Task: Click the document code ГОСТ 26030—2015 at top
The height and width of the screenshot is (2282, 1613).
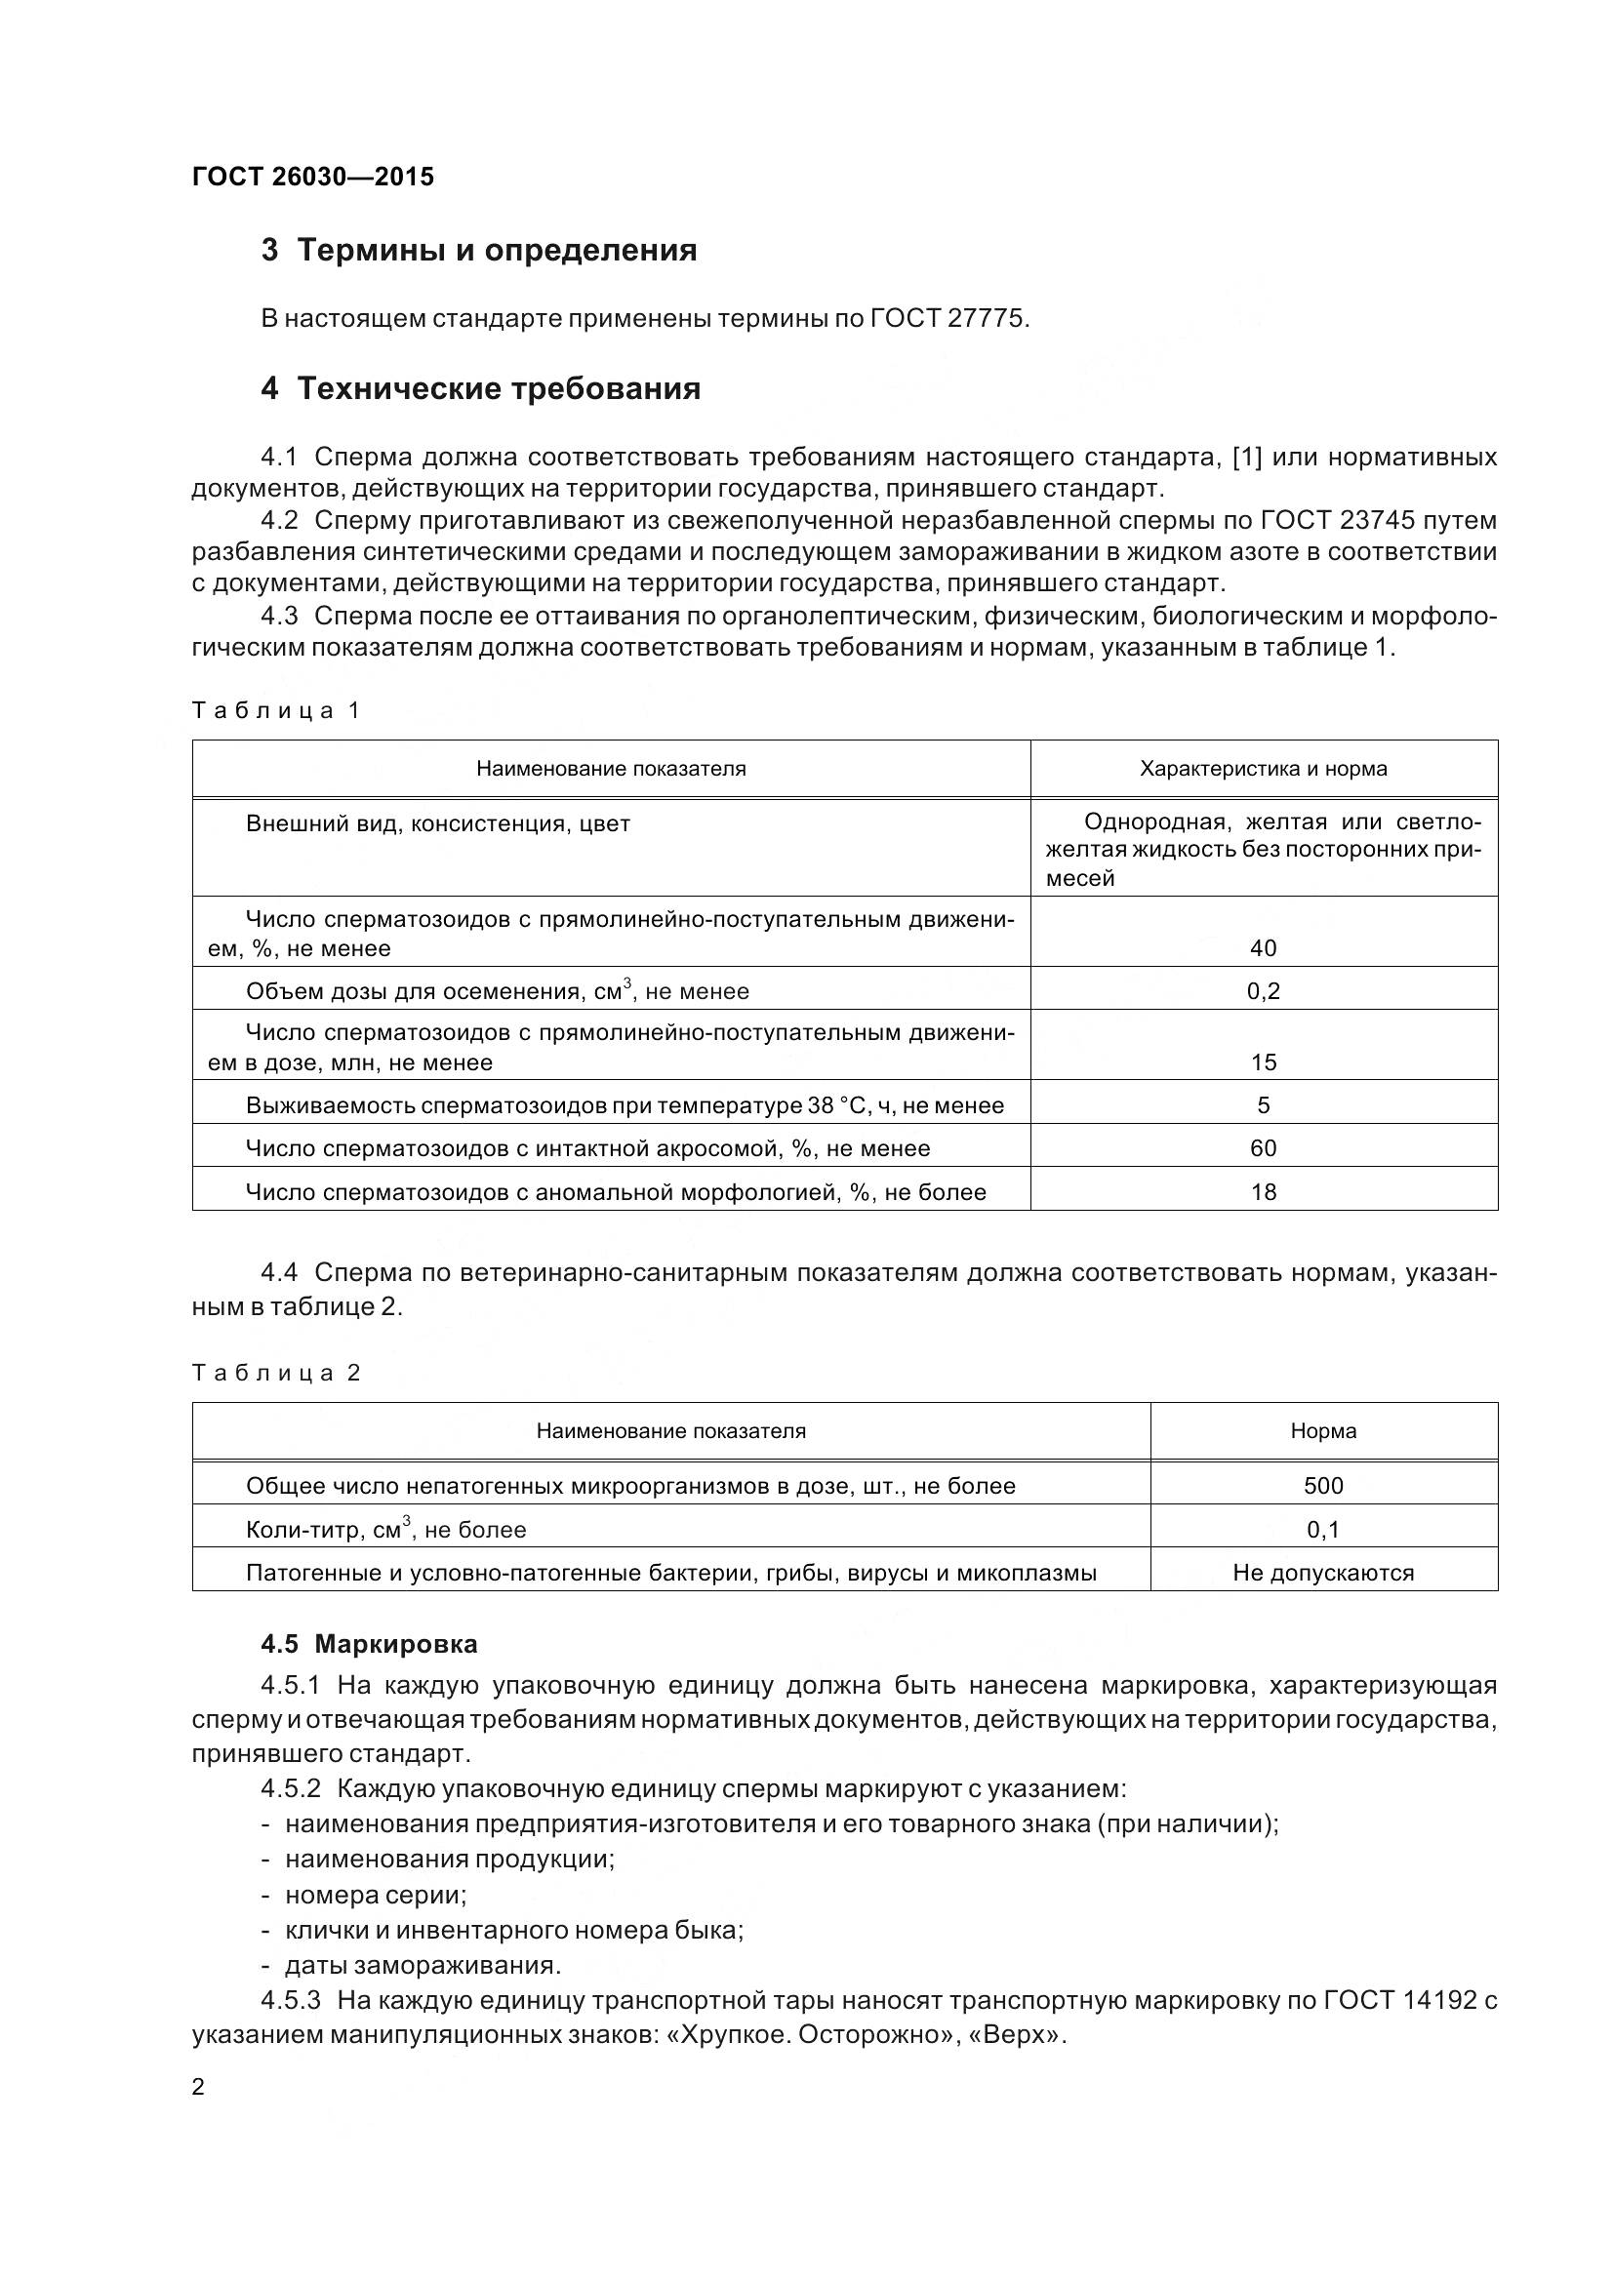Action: [313, 177]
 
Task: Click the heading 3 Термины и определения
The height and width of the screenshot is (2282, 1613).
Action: [478, 250]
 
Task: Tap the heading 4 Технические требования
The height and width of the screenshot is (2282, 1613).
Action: [480, 387]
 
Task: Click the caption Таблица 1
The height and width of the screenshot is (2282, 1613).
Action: [275, 710]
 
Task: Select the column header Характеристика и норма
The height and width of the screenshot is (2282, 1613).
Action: [1263, 768]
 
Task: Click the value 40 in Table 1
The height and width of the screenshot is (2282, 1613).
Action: [1263, 948]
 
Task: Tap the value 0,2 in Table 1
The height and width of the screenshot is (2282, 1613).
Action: [1263, 991]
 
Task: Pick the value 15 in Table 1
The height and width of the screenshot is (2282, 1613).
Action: [1263, 1062]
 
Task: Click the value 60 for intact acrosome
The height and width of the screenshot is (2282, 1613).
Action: [1263, 1148]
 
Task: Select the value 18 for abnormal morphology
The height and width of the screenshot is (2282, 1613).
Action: [1263, 1191]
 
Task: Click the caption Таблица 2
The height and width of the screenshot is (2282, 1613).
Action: [275, 1373]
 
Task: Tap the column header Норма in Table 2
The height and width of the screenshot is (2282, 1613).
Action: [1323, 1430]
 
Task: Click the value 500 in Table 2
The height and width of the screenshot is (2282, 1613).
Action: [1323, 1486]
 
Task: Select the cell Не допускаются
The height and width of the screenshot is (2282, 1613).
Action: [1323, 1573]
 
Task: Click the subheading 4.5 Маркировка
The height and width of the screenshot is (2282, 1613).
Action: [369, 1644]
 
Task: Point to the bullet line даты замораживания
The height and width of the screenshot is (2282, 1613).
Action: [423, 1965]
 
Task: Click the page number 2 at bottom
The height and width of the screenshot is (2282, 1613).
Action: [198, 2086]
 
